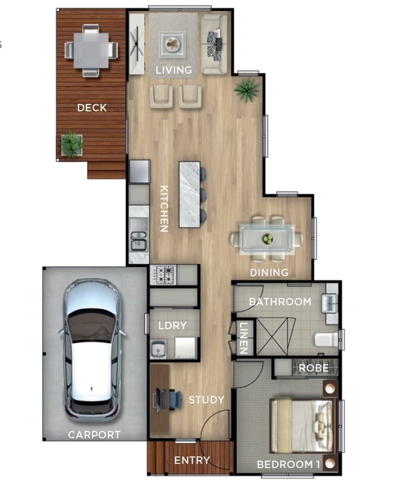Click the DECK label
point(92,107)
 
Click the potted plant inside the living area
point(247,90)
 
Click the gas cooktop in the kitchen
point(163,275)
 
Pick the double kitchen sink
point(138,240)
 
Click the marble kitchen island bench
point(190,194)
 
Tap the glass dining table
point(267,239)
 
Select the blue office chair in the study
point(174,400)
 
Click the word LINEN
point(243,338)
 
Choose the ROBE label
point(313,368)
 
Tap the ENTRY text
point(192,460)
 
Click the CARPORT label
point(94,435)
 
